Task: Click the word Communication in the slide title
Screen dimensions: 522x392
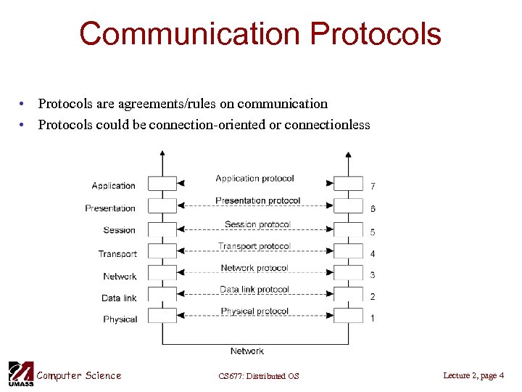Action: click(189, 34)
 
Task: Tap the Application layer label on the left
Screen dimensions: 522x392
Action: click(114, 186)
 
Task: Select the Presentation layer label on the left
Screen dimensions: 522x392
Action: click(110, 208)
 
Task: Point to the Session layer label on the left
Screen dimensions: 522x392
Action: click(120, 230)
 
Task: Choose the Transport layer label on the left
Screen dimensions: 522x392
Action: click(117, 253)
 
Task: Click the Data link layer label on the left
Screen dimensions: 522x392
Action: click(119, 298)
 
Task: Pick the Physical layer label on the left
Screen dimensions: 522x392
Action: click(120, 319)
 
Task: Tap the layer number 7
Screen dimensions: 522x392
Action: click(373, 187)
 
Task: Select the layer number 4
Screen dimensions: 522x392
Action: click(373, 254)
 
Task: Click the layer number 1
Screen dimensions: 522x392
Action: click(373, 319)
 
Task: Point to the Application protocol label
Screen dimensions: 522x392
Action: click(254, 179)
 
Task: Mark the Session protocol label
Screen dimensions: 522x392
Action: click(257, 224)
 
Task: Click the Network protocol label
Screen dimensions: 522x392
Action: click(254, 268)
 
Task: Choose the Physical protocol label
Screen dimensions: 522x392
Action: click(254, 311)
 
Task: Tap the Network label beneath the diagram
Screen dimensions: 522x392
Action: click(247, 351)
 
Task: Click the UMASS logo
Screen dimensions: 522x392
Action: click(20, 373)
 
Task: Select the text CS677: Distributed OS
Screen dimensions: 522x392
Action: click(258, 376)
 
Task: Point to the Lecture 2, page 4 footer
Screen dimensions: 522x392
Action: click(473, 375)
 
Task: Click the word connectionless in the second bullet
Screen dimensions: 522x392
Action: click(327, 125)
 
